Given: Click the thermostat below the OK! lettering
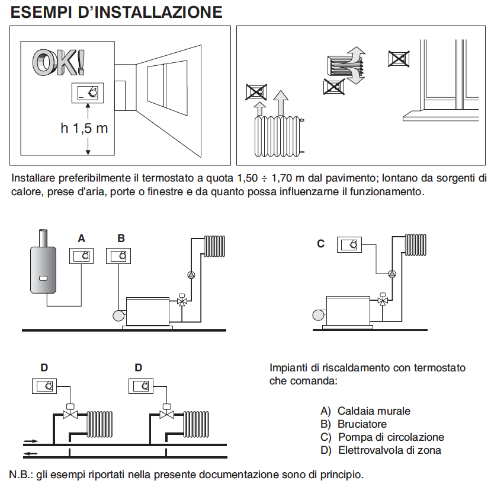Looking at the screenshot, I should click(88, 93).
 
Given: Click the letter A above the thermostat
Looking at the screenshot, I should click(82, 238).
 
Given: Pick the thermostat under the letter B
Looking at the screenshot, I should click(118, 256).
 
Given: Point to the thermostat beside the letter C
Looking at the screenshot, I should click(349, 244).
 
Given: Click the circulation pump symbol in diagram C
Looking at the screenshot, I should click(392, 273).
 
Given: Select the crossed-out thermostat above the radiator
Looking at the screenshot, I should click(256, 93).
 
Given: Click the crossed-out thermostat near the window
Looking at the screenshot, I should click(398, 59).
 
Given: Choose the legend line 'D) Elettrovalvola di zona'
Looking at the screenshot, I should click(380, 450).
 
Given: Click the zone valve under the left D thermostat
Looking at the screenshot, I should click(70, 413).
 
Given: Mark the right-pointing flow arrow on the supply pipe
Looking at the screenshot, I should click(31, 441).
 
